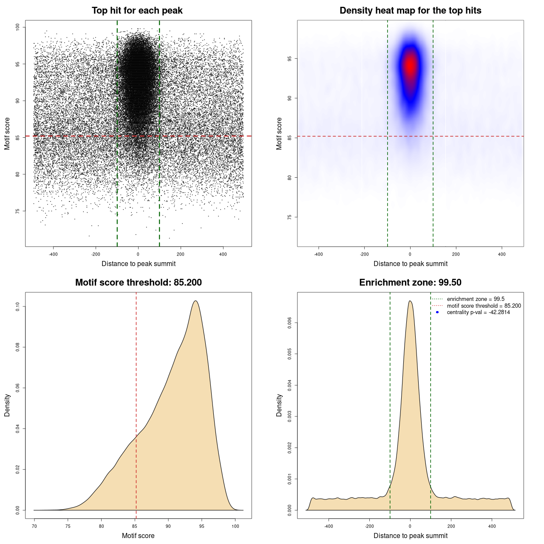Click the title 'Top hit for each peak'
[137, 11]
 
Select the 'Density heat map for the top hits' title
[410, 11]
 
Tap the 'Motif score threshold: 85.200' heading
[138, 283]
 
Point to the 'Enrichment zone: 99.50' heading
[410, 283]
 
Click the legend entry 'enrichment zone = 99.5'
[476, 299]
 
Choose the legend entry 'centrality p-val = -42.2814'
[478, 312]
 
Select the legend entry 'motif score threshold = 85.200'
[484, 306]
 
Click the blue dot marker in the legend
[437, 312]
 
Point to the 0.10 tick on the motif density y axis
[18, 306]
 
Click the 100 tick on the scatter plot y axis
[18, 27]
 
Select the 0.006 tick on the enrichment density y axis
[290, 323]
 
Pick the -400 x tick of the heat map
[318, 254]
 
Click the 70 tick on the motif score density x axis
[34, 526]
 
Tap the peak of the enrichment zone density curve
[410, 301]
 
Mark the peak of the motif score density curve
[195, 301]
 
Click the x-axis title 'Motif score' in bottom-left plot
[138, 535]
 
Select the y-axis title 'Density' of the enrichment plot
[279, 405]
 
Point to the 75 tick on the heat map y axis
[290, 217]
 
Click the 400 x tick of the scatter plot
[223, 254]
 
